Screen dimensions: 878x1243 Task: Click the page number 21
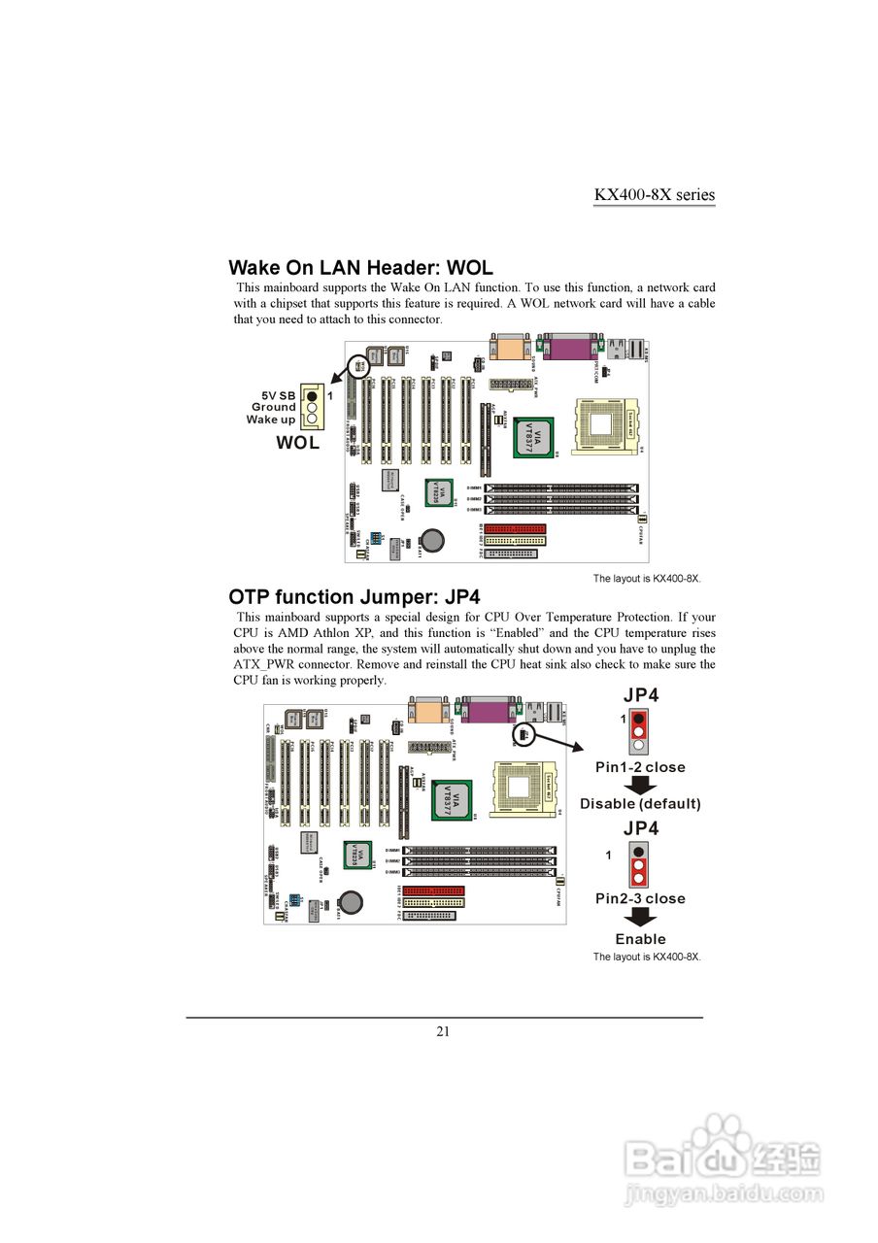click(443, 1031)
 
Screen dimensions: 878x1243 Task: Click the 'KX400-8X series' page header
click(654, 194)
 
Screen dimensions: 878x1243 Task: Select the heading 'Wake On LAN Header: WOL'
click(360, 267)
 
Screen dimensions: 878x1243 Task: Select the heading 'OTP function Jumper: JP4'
click(354, 596)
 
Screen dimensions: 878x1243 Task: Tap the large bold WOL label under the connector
click(297, 443)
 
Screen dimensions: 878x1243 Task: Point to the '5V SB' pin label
click(278, 395)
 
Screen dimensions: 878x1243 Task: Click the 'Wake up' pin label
click(271, 420)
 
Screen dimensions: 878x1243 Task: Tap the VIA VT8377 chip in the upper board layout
click(533, 438)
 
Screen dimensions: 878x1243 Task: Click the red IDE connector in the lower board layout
click(432, 890)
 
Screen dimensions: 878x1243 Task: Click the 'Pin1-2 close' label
click(640, 767)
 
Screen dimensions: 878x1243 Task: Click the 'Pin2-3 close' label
click(640, 898)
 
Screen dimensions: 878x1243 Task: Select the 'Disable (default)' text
click(640, 804)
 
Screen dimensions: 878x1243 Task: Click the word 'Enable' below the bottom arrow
click(640, 939)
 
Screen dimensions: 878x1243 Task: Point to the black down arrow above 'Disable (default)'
click(639, 786)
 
